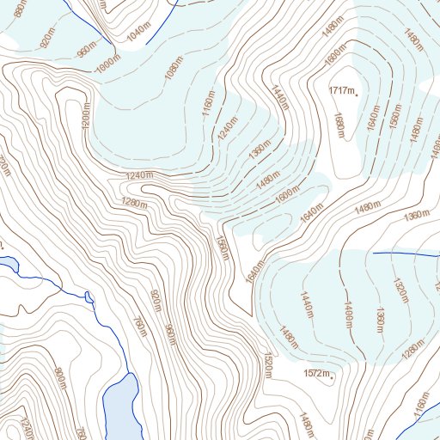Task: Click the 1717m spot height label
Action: pos(341,89)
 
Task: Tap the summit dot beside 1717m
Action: pos(357,91)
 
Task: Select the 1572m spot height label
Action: pos(316,373)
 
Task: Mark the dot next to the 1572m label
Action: pos(332,376)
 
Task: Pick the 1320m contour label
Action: pos(400,290)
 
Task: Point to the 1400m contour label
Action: pos(349,313)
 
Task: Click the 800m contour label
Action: pos(61,376)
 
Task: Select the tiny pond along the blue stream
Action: pos(89,297)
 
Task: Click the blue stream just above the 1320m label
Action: pos(404,254)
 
